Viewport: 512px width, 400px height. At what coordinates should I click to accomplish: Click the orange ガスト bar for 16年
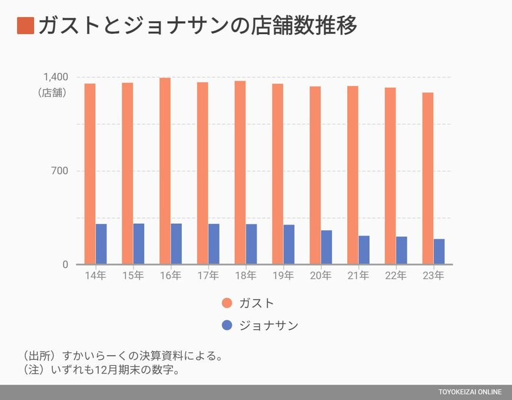pyautogui.click(x=165, y=171)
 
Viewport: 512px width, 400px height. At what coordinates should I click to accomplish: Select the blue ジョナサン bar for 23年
pyautogui.click(x=439, y=252)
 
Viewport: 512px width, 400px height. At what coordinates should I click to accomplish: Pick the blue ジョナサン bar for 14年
pyautogui.click(x=101, y=244)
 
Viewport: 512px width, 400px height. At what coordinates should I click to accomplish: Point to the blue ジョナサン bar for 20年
pyautogui.click(x=327, y=247)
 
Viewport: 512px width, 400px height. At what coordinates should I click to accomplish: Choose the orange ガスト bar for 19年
pyautogui.click(x=277, y=174)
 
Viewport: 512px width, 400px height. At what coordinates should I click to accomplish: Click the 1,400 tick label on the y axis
pyautogui.click(x=55, y=77)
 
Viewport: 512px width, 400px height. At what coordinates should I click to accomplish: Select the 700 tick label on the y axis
pyautogui.click(x=59, y=171)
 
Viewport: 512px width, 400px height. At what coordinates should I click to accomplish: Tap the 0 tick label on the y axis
pyautogui.click(x=65, y=265)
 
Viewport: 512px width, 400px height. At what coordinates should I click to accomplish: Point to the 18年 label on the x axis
pyautogui.click(x=245, y=276)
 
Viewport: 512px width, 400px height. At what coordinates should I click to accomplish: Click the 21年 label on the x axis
pyautogui.click(x=358, y=276)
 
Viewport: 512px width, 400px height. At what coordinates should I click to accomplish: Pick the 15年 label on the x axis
pyautogui.click(x=133, y=276)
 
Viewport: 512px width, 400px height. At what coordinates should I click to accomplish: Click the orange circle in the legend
pyautogui.click(x=227, y=303)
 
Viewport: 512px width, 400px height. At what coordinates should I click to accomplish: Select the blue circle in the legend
pyautogui.click(x=227, y=325)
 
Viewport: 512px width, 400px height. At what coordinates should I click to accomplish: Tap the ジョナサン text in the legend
pyautogui.click(x=269, y=325)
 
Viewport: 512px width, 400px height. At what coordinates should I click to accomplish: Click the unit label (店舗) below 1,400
pyautogui.click(x=52, y=92)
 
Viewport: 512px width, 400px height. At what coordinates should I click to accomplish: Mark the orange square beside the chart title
pyautogui.click(x=26, y=26)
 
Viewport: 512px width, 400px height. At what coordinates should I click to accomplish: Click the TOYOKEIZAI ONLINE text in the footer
pyautogui.click(x=470, y=392)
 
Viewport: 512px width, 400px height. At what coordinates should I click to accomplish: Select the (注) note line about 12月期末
pyautogui.click(x=100, y=370)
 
